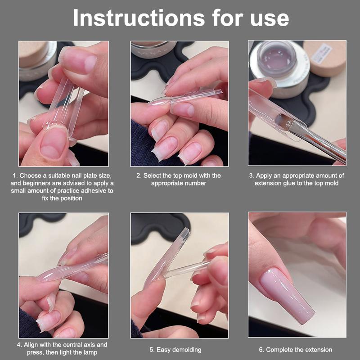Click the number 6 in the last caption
(261, 349)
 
